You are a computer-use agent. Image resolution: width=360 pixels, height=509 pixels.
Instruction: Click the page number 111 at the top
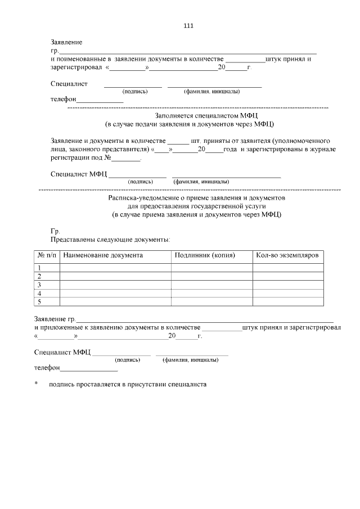[x=188, y=25]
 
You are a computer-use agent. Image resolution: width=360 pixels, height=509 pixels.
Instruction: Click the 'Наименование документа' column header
[x=103, y=255]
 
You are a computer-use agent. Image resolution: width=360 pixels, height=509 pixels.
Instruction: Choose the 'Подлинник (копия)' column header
[x=205, y=255]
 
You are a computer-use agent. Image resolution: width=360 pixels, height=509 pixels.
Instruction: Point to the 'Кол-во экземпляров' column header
[x=287, y=255]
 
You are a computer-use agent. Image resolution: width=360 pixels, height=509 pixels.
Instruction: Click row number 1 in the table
[x=40, y=268]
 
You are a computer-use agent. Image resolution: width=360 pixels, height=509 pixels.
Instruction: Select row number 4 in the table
[x=40, y=294]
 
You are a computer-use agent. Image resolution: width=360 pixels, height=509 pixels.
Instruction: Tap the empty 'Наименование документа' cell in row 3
[x=115, y=285]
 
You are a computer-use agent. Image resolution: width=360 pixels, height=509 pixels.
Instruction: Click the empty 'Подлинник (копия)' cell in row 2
[x=212, y=276]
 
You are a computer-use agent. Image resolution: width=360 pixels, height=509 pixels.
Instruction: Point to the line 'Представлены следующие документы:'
[x=110, y=240]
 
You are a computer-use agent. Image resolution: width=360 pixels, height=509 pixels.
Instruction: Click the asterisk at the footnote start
[x=36, y=385]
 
